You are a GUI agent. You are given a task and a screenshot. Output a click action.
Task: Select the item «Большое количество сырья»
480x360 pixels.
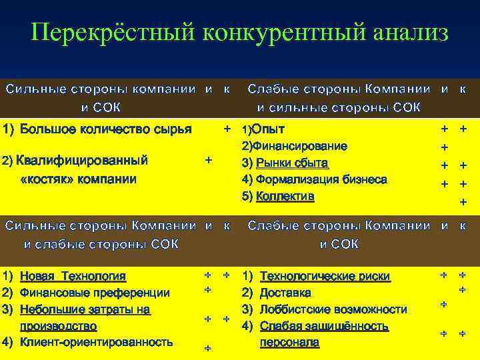click(x=106, y=128)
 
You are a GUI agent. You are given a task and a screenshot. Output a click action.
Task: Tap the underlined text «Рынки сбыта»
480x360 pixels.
click(x=293, y=163)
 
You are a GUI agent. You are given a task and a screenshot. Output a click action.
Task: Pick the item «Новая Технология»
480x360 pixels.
click(x=73, y=276)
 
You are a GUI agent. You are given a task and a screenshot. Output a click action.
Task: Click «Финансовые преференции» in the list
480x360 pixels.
click(x=95, y=293)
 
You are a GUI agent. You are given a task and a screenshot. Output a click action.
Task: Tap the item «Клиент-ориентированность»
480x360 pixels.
click(x=97, y=342)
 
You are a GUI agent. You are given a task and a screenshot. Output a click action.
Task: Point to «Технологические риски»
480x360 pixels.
click(x=325, y=276)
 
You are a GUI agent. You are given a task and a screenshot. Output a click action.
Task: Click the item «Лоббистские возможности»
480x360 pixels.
click(x=333, y=309)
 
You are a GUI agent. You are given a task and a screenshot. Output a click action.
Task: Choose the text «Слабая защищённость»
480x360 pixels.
click(x=324, y=326)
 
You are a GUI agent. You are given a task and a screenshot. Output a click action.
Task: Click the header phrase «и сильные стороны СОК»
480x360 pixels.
click(x=339, y=107)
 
